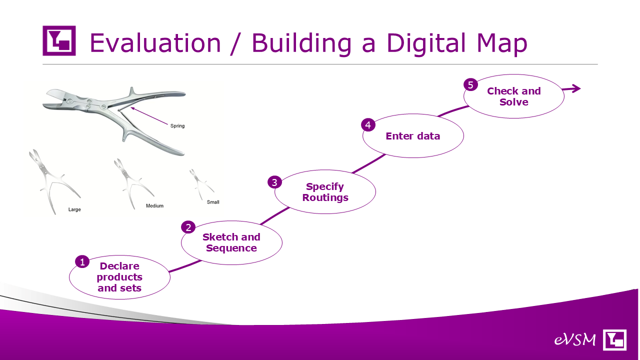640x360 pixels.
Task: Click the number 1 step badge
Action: [x=82, y=262]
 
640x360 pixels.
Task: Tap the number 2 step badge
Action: [x=188, y=227]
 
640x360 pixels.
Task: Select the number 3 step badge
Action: [x=274, y=182]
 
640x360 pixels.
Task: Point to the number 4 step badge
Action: [x=368, y=125]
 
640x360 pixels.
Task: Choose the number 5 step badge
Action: [x=470, y=85]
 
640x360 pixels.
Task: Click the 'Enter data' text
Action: [x=413, y=136]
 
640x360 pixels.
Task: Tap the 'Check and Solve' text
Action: [x=514, y=96]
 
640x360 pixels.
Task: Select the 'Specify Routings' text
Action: [x=325, y=191]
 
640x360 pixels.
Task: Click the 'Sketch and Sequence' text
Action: [x=231, y=242]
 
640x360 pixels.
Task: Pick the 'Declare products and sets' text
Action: [x=119, y=277]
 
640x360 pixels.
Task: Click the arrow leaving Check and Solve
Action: [x=571, y=89]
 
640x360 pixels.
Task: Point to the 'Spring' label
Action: [x=177, y=126]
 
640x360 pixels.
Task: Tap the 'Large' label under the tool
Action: [x=74, y=209]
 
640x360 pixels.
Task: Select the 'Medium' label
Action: [x=154, y=205]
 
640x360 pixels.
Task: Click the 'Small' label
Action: [x=213, y=202]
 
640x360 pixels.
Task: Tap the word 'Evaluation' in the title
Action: [x=155, y=43]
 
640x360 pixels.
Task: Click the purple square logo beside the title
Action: [x=59, y=40]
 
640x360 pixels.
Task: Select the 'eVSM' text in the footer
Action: [x=575, y=339]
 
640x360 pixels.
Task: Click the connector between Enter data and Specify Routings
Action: [x=368, y=163]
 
